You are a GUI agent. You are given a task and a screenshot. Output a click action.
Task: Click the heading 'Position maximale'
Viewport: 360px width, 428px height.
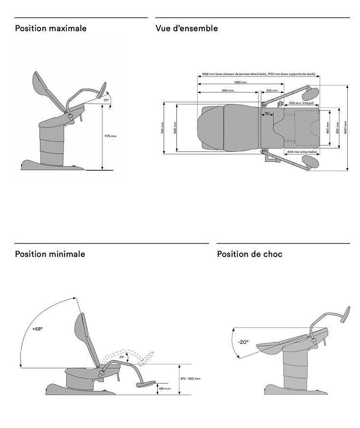coord(50,29)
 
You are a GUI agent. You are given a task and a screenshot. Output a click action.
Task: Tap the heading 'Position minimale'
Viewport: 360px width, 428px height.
coord(50,254)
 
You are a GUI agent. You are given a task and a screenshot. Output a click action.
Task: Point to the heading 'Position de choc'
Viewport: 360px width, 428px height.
coord(250,254)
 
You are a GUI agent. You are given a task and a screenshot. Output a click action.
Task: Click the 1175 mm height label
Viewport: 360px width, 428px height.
coord(110,136)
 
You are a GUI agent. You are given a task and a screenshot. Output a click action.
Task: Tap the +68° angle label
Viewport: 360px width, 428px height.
coord(37,329)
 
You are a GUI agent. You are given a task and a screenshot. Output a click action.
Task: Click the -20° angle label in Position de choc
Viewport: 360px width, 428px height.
coord(243,341)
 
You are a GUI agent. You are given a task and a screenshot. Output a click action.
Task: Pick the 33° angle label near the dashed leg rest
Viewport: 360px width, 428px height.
coord(122,357)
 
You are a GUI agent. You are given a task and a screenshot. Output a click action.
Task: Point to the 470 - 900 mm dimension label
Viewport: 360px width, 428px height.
coord(190,379)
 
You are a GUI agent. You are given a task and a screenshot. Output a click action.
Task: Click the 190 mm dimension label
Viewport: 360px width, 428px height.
coord(165,389)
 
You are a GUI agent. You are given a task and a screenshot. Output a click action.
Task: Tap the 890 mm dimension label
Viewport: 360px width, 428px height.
coord(227,90)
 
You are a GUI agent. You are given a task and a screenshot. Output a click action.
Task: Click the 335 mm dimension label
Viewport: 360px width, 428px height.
coord(272,90)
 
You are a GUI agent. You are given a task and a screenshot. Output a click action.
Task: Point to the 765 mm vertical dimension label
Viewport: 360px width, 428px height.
coord(162,128)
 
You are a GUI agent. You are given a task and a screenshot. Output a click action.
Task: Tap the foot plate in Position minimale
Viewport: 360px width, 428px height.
coord(146,383)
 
